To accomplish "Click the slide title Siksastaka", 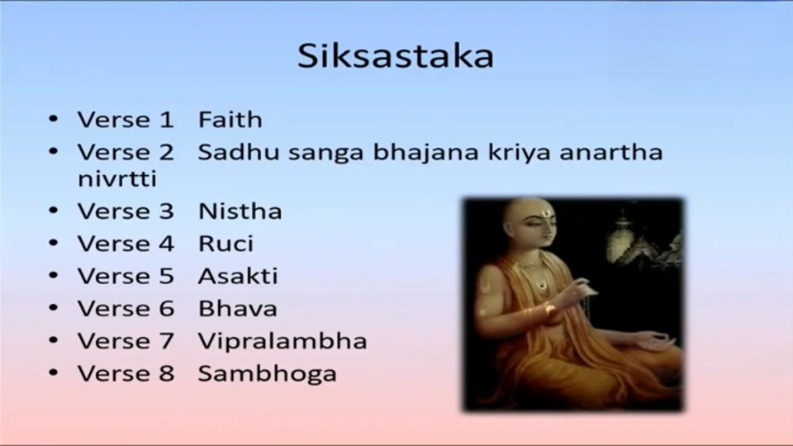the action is tap(396, 55).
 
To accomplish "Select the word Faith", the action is tap(230, 120).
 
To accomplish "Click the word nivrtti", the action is tap(117, 178).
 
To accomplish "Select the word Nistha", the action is tap(240, 211).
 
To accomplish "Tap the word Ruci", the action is tap(226, 244).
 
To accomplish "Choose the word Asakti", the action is tap(238, 276).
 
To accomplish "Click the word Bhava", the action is tap(238, 308).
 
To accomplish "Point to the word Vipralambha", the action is tap(283, 342).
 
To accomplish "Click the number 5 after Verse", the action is tap(167, 276).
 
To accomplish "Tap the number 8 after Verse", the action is tap(167, 373).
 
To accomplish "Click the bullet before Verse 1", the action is tap(54, 120).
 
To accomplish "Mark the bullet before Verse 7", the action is tap(54, 341).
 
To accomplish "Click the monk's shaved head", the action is tap(526, 212).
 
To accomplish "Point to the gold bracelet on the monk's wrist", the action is tap(548, 309).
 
